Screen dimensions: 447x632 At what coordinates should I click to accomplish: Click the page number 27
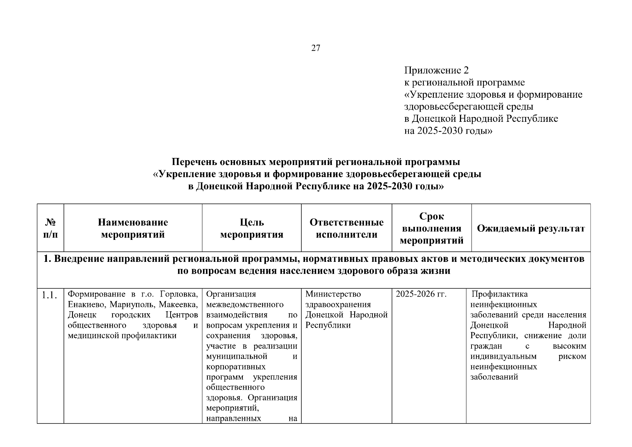(x=315, y=48)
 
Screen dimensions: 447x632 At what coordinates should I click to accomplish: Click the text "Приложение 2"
(x=436, y=70)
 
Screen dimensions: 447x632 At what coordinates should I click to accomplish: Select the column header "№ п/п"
(x=50, y=228)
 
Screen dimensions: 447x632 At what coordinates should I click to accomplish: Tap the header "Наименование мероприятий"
(x=133, y=228)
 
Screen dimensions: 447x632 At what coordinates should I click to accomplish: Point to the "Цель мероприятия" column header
(x=252, y=228)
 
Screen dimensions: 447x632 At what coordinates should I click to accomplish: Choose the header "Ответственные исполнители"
(x=346, y=228)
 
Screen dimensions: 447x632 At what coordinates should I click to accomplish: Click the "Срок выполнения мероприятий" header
(x=432, y=228)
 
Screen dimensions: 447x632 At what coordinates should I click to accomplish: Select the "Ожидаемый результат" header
(x=531, y=228)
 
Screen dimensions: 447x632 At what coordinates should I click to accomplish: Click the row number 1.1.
(x=50, y=295)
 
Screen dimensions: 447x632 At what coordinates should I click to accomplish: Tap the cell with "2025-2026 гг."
(x=421, y=294)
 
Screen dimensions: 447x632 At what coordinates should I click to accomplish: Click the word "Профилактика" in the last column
(x=499, y=294)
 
